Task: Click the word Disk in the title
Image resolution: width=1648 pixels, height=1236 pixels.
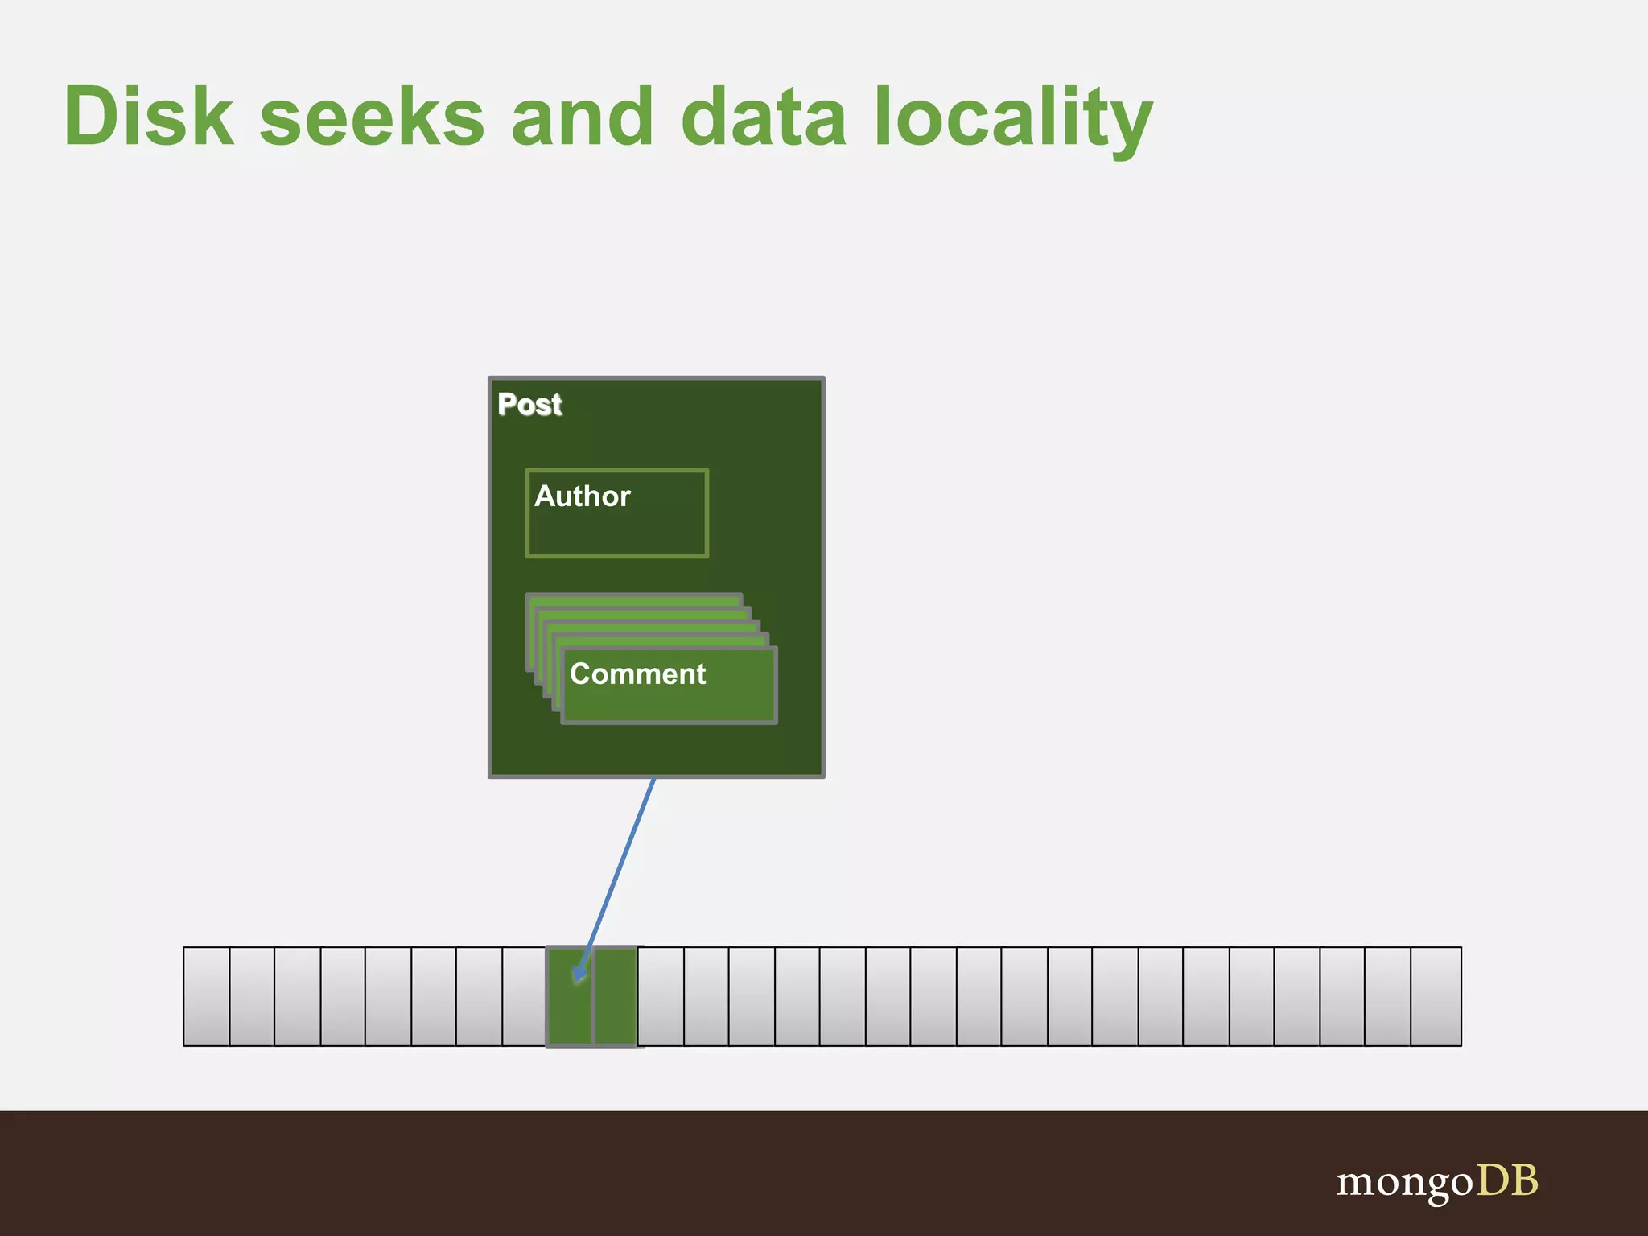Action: [x=149, y=117]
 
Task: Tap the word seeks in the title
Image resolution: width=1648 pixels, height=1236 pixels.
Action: [x=372, y=117]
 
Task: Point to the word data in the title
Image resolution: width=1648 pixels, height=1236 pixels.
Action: [x=764, y=117]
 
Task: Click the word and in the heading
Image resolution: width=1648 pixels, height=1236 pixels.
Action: [x=583, y=117]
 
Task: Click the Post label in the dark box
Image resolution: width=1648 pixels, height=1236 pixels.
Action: [x=529, y=404]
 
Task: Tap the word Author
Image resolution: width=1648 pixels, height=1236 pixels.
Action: [x=583, y=496]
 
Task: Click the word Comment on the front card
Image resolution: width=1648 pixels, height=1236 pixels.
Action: [x=637, y=674]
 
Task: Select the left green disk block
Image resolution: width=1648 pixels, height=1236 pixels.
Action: [x=570, y=996]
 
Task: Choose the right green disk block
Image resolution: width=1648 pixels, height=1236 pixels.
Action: [x=616, y=996]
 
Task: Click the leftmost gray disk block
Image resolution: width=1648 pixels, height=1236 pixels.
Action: [x=207, y=996]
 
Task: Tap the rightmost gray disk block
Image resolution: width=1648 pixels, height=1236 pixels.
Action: [x=1436, y=996]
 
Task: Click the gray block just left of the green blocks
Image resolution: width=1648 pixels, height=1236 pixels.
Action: [x=525, y=996]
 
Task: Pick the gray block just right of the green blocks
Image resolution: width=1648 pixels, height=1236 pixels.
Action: [x=661, y=996]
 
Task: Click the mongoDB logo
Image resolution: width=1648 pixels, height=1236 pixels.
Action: [x=1437, y=1182]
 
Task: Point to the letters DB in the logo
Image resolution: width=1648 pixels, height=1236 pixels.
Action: [x=1506, y=1180]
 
